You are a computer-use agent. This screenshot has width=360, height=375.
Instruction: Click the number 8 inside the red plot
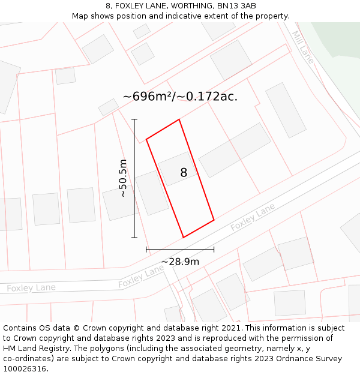pos(184,173)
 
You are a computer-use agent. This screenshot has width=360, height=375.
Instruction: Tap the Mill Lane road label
pos(304,47)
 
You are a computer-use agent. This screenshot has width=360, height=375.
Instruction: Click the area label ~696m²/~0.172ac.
pos(180,96)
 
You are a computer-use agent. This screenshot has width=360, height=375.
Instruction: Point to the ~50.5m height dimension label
pos(123,178)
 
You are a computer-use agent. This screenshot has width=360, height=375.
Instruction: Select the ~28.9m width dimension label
pos(180,262)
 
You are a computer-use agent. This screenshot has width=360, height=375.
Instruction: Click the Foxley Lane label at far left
pos(31,288)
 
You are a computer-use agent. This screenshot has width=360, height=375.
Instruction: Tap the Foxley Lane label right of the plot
pos(253,217)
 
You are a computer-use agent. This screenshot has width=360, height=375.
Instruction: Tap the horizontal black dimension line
pos(180,249)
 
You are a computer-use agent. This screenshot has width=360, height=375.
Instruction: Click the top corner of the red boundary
pos(179,119)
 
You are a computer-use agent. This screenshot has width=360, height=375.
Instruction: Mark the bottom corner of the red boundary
pos(183,238)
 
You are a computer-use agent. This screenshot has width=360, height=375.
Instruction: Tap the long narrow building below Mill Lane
pos(286,110)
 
